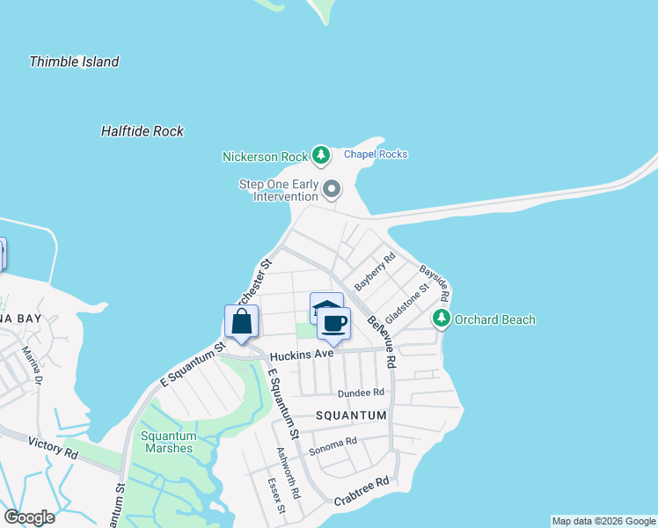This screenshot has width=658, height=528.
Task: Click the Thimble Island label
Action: coord(74,62)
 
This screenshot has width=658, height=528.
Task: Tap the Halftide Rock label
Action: coord(143,131)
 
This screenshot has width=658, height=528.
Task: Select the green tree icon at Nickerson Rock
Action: coord(321,156)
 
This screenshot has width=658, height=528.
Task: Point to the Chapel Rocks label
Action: coord(376,154)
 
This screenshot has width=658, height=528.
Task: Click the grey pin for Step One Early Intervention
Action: coord(332,188)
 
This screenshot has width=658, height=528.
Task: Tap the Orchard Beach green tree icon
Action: coord(442,319)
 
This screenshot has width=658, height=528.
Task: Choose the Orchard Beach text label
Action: coord(494,319)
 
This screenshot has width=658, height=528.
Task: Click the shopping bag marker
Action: coord(242,322)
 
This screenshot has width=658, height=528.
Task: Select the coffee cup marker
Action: coord(333,324)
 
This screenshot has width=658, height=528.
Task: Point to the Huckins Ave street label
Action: coord(302,356)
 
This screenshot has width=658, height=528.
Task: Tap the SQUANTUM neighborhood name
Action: coord(352,415)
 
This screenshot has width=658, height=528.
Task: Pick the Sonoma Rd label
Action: coord(333,442)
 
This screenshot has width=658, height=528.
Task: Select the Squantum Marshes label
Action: coord(166,442)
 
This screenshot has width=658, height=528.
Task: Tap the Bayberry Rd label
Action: coord(376,272)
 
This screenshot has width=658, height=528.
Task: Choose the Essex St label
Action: coord(275,495)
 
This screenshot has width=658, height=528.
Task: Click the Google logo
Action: coord(29,517)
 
